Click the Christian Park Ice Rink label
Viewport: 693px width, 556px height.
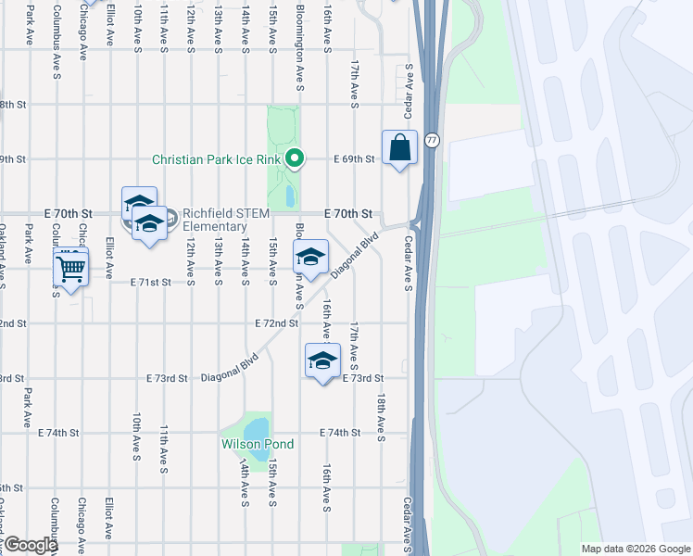(217, 159)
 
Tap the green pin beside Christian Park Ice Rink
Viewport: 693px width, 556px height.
(295, 159)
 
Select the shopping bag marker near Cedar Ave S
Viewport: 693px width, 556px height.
(399, 148)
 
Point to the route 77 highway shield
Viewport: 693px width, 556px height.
(432, 140)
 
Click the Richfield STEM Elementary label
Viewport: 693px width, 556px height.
(225, 220)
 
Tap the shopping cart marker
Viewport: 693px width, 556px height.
(70, 269)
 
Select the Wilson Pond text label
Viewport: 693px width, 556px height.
(257, 445)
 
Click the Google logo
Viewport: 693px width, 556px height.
(29, 545)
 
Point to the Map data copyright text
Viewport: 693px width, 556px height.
(636, 549)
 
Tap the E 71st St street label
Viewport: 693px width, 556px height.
(152, 281)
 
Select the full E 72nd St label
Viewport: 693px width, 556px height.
(277, 323)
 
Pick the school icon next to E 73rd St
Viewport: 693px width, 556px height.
(322, 362)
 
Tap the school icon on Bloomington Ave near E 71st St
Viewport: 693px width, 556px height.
(310, 258)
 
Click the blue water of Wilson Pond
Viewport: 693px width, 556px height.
(256, 429)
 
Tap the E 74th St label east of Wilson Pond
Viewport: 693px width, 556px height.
(340, 433)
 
